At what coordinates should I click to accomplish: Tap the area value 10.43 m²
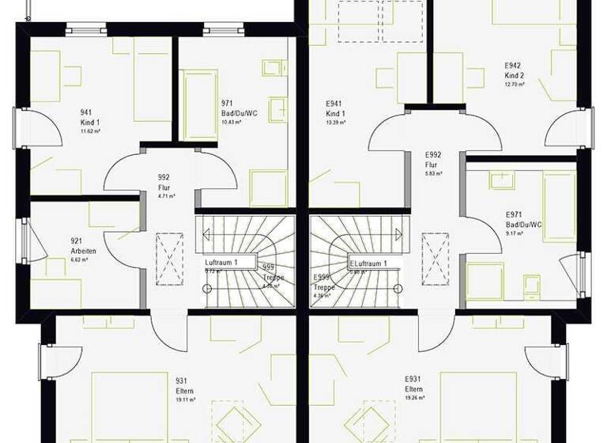(x=232, y=123)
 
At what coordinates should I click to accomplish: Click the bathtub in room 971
(x=200, y=104)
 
